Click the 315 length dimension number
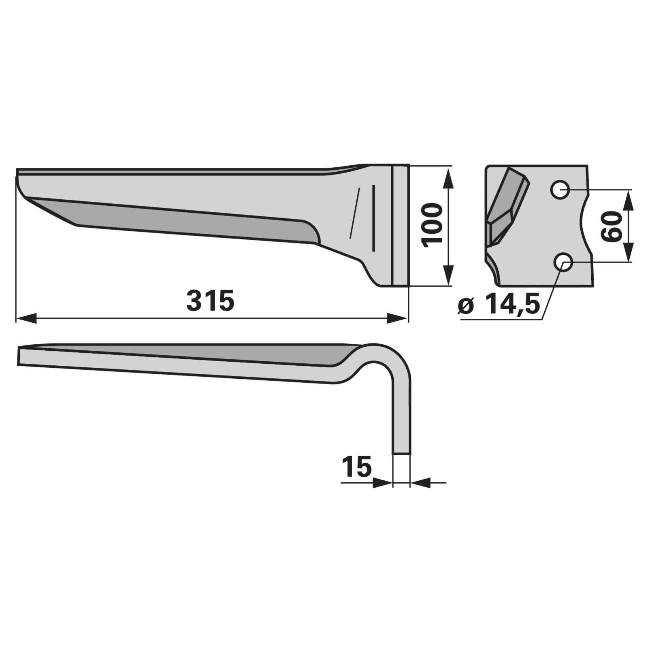point(210,301)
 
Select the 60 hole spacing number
point(611,226)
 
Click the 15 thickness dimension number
point(357,466)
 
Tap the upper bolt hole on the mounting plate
point(560,189)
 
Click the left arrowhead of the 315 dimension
point(26,318)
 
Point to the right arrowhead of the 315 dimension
point(397,318)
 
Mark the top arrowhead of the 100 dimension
point(449,179)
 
